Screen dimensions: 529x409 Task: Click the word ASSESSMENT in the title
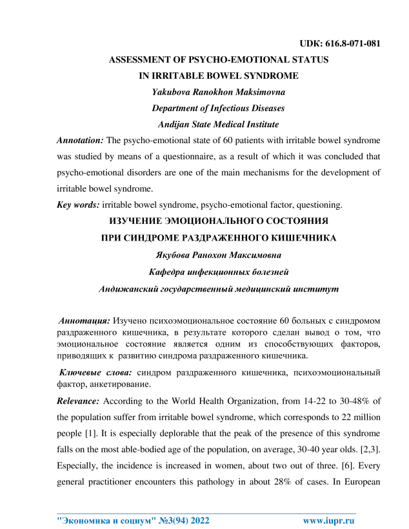pyautogui.click(x=141, y=59)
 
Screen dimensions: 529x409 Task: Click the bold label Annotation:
pyautogui.click(x=81, y=140)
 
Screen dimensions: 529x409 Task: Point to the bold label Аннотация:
pyautogui.click(x=84, y=320)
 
